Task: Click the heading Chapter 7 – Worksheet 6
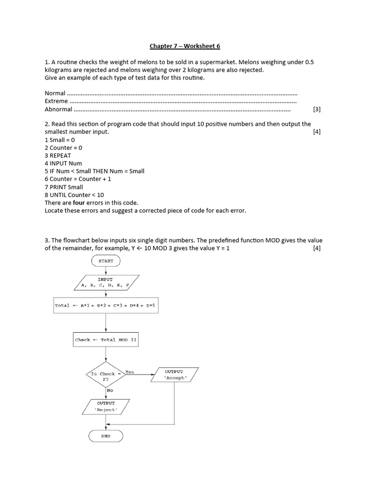pyautogui.click(x=185, y=46)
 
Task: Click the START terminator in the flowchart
pyautogui.click(x=106, y=260)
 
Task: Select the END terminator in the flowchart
pyautogui.click(x=106, y=436)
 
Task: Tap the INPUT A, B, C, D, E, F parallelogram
pyautogui.click(x=106, y=282)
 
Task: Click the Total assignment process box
pyautogui.click(x=106, y=305)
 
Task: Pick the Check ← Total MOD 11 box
pyautogui.click(x=106, y=339)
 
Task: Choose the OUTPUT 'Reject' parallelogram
pyautogui.click(x=106, y=406)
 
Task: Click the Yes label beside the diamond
pyautogui.click(x=130, y=372)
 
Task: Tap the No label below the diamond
pyautogui.click(x=110, y=390)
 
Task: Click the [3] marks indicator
pyautogui.click(x=317, y=109)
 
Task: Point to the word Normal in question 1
pyautogui.click(x=55, y=93)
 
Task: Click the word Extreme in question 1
pyautogui.click(x=56, y=101)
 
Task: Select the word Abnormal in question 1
pyautogui.click(x=58, y=109)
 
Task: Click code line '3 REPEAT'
pyautogui.click(x=58, y=156)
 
